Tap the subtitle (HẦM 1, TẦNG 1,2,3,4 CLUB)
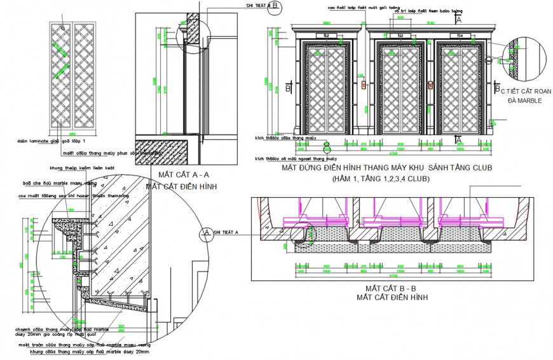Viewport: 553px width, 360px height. (x=380, y=179)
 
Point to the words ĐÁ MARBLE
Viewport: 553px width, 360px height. (x=521, y=100)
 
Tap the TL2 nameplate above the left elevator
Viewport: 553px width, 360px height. (x=327, y=35)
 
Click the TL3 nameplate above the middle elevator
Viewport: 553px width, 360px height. (x=399, y=35)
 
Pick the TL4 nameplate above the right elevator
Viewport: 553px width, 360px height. (x=458, y=35)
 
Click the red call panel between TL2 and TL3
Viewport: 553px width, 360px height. (x=364, y=85)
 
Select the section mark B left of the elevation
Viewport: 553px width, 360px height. (x=289, y=87)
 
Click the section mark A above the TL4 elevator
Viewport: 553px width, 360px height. (x=459, y=20)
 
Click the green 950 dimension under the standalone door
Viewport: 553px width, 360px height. (x=72, y=134)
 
